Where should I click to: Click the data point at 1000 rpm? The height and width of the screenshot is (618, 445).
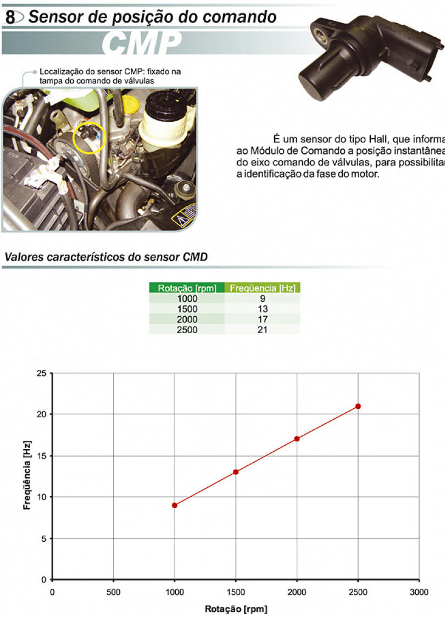[x=175, y=505]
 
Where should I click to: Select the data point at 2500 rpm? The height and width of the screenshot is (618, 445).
[x=358, y=406]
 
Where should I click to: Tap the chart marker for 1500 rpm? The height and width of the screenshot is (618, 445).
[x=236, y=472]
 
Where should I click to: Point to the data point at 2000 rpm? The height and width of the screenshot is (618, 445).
[x=297, y=439]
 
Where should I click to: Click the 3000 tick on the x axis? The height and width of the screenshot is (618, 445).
[x=419, y=592]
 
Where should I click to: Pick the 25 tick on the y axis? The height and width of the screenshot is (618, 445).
[x=41, y=373]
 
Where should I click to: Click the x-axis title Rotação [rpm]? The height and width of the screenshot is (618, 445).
[x=236, y=609]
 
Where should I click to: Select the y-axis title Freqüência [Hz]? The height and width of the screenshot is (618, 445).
[x=27, y=475]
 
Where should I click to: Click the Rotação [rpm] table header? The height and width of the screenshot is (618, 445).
[x=187, y=288]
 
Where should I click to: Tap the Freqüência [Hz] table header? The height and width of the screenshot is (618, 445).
[x=263, y=288]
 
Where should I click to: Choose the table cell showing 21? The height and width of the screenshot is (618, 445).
[x=263, y=330]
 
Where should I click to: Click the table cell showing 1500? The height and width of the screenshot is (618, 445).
[x=187, y=309]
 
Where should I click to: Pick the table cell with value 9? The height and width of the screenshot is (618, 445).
[x=263, y=299]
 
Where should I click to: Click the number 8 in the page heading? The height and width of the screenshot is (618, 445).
[x=10, y=18]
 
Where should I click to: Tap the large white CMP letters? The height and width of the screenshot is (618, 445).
[x=142, y=43]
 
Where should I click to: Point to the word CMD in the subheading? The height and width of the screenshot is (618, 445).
[x=195, y=257]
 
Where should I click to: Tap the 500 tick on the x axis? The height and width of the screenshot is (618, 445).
[x=114, y=592]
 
